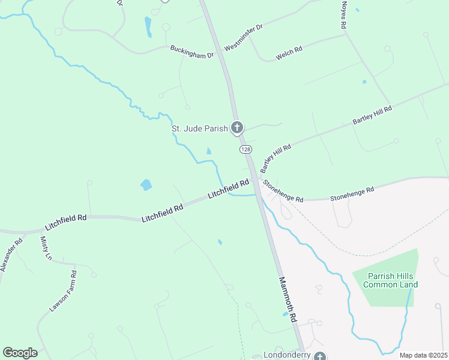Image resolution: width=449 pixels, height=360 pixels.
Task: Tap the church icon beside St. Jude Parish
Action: click(238, 127)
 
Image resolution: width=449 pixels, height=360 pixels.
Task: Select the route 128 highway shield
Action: click(245, 148)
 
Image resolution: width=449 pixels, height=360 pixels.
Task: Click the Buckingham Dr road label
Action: click(192, 52)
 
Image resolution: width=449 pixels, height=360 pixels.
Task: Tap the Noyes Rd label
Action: click(344, 15)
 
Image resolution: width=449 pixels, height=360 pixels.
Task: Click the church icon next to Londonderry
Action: click(320, 356)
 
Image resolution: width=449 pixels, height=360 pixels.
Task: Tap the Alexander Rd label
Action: click(11, 254)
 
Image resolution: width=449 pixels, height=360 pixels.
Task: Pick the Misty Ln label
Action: click(46, 248)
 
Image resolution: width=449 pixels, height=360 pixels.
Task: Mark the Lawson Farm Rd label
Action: click(63, 291)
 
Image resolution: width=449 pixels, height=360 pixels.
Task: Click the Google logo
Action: click(20, 353)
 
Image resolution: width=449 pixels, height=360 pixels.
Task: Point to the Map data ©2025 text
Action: click(423, 355)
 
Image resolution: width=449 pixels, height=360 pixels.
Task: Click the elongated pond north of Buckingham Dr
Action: click(148, 26)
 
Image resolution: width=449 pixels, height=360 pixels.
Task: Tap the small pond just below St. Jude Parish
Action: click(209, 151)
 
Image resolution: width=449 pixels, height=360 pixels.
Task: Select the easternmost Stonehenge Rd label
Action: click(352, 193)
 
